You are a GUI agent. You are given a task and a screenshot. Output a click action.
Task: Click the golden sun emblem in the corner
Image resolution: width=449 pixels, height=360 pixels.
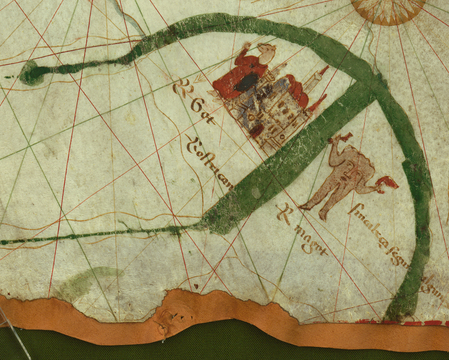click(388, 9)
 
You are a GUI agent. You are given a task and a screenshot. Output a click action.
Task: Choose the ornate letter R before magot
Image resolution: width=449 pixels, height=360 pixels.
click(284, 211)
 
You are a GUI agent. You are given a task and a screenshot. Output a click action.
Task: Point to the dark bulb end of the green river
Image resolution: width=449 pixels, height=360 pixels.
click(32, 72)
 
